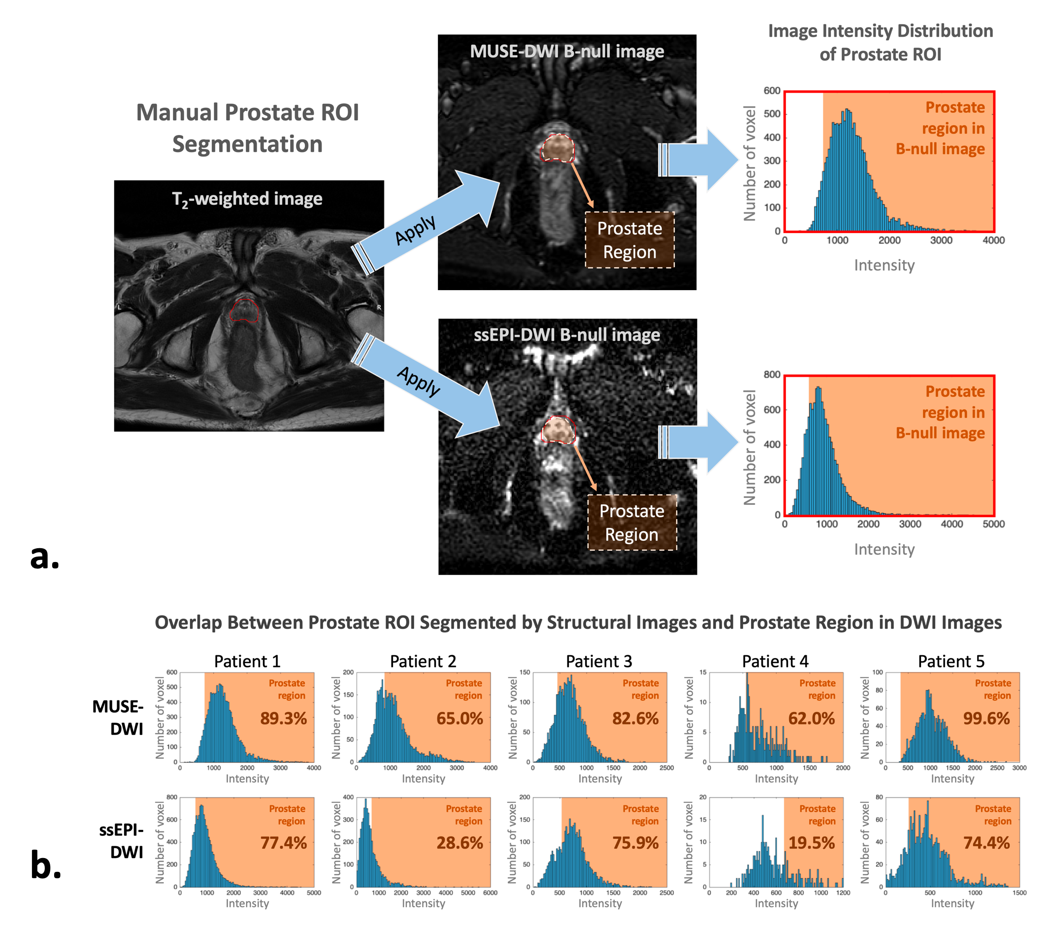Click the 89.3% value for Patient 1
point(283,718)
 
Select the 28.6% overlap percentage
point(460,843)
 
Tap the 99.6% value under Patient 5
point(986,718)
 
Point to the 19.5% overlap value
point(812,843)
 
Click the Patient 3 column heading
point(599,662)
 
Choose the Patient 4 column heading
point(775,662)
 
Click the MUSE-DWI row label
point(118,717)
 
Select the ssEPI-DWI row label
point(122,841)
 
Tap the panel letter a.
point(45,557)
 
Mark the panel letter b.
point(46,865)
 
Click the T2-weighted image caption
point(247,199)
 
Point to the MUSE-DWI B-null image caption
point(566,51)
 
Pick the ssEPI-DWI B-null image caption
point(566,335)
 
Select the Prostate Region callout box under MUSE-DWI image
point(630,240)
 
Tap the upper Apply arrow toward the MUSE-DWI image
point(429,221)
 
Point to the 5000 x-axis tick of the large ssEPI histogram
point(993,524)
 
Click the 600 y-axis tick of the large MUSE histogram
point(772,91)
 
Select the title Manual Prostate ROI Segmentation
point(247,128)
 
